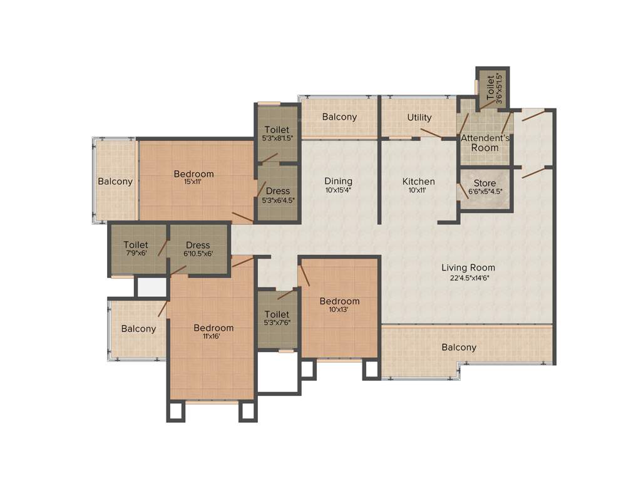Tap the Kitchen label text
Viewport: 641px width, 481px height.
(418, 182)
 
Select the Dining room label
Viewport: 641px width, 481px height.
(338, 182)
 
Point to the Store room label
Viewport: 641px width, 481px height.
(485, 184)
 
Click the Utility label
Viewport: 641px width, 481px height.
(419, 117)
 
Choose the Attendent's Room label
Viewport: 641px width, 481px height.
(485, 143)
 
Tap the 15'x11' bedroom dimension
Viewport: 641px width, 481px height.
(193, 182)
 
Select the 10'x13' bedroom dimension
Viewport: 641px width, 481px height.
(339, 309)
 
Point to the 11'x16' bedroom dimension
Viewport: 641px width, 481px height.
(213, 336)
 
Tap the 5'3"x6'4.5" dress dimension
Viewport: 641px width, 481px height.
(278, 200)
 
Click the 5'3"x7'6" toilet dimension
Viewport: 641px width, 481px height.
(277, 323)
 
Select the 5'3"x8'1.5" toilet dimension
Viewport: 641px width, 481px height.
(277, 138)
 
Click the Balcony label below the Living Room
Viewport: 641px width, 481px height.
(459, 347)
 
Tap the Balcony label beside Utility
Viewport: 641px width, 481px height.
(339, 116)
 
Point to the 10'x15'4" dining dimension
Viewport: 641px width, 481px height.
(338, 190)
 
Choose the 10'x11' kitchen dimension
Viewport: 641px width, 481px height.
(418, 190)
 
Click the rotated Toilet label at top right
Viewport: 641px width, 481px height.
(490, 87)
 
